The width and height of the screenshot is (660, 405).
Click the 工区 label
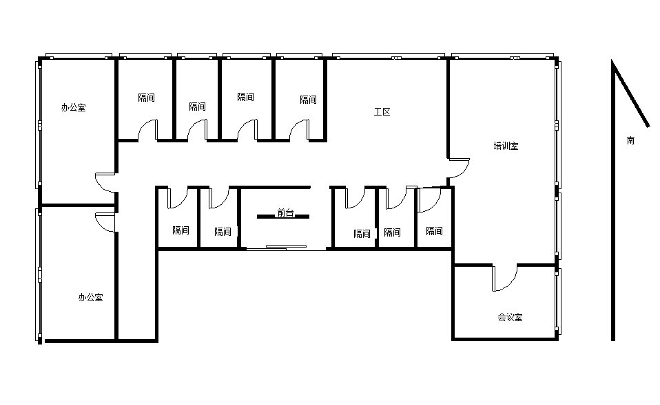[382, 112]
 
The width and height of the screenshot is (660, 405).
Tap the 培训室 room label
[506, 146]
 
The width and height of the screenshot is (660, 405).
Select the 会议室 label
[510, 317]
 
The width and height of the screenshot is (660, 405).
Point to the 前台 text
[285, 212]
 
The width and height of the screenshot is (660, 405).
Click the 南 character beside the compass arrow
[630, 140]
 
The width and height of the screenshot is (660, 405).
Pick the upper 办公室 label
[73, 107]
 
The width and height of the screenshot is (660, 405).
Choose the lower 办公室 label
[90, 298]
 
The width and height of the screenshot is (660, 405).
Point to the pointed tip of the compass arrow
[612, 60]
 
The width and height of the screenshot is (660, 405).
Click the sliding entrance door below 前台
[286, 248]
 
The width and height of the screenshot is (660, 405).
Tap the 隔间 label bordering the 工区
[308, 100]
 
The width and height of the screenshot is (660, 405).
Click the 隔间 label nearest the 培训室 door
[434, 231]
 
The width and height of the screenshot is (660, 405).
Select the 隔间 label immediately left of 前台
[223, 232]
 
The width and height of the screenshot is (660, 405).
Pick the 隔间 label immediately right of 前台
[362, 234]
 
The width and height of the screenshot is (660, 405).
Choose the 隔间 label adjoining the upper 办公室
[147, 98]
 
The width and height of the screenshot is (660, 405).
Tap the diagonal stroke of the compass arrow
[631, 94]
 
